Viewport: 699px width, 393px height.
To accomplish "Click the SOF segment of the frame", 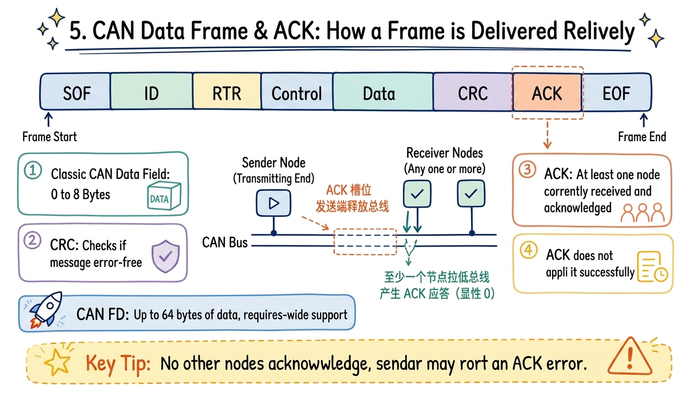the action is coord(75,92).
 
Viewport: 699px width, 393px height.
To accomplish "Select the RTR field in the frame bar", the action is coord(227,92).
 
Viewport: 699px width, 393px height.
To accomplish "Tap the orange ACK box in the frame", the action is coord(547,93).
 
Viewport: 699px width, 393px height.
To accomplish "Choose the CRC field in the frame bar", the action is coord(473,93).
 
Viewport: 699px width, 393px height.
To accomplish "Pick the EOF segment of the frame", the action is coord(617,93).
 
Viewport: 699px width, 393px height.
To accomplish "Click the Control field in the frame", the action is coord(297,92).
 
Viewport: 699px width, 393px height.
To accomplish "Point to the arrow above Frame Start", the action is coord(48,119).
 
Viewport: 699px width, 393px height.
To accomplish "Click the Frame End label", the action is coord(642,137).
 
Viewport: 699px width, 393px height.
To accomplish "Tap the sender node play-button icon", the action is coord(273,203).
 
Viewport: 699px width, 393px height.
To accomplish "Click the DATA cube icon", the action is coord(164,195).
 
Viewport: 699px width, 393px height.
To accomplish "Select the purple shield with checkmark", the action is coord(165,256).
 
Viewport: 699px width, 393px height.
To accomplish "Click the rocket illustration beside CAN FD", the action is coord(46,310).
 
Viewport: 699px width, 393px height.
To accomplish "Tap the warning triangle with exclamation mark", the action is coord(630,357).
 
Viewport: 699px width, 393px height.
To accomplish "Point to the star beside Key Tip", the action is coord(57,362).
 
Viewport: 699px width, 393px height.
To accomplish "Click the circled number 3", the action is coord(527,170).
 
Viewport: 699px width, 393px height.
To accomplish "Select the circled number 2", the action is coord(32,241).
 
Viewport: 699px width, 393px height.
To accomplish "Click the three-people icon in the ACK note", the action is coord(643,212).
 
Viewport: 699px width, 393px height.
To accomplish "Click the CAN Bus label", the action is coord(225,243).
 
